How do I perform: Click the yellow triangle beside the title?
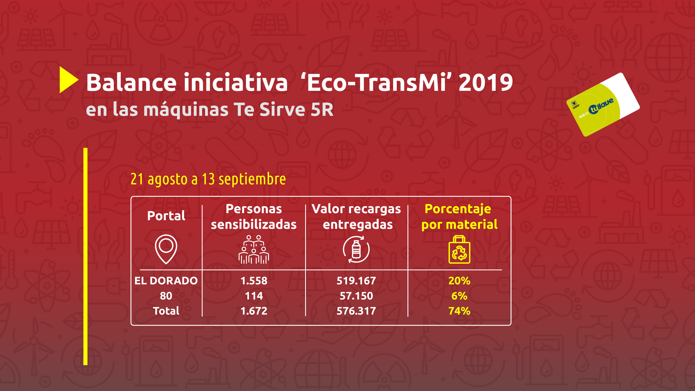(x=68, y=80)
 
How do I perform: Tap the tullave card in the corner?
(x=603, y=105)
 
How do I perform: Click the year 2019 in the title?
(x=486, y=83)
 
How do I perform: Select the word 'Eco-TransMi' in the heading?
(x=376, y=82)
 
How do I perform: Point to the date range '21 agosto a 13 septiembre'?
(x=208, y=179)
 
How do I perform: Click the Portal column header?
(x=166, y=216)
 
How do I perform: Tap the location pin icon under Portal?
(x=166, y=249)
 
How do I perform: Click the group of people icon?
(x=254, y=250)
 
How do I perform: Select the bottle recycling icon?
(x=356, y=250)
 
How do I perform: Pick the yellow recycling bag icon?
(x=459, y=250)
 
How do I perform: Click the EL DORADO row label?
(x=166, y=281)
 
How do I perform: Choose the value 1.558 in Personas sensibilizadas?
(x=254, y=281)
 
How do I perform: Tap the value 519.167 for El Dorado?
(x=356, y=281)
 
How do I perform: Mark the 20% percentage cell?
(x=459, y=281)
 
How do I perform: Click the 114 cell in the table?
(x=254, y=296)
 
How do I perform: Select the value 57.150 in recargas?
(x=356, y=296)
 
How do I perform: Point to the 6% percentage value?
(x=459, y=296)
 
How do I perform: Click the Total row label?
(x=166, y=311)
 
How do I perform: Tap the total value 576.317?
(x=356, y=311)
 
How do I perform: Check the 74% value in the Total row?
(x=459, y=311)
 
